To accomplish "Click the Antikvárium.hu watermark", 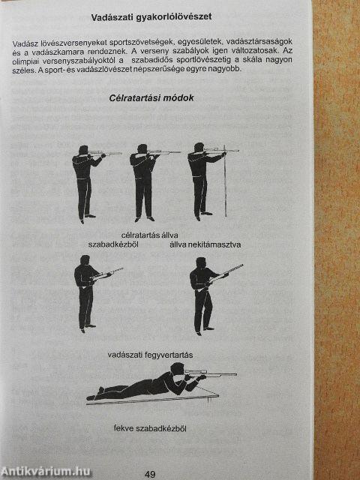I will click(x=46, y=470).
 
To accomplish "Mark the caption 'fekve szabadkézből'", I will click(x=150, y=428).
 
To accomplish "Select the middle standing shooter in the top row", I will click(x=142, y=180).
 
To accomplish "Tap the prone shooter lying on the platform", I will click(x=146, y=385).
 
